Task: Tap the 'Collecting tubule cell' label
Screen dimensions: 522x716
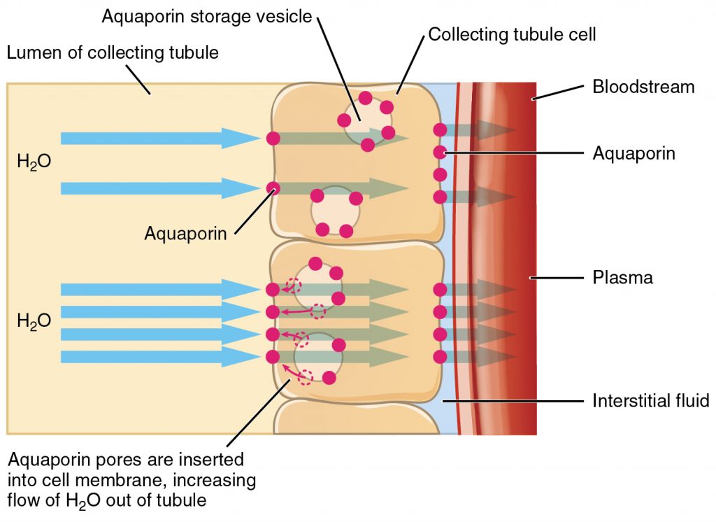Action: click(x=512, y=34)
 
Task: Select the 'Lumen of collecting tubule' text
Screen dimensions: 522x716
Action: click(x=112, y=52)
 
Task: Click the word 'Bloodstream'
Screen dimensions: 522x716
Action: click(x=643, y=87)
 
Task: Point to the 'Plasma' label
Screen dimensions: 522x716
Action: click(x=622, y=278)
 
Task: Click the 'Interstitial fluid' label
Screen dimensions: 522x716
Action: click(x=650, y=401)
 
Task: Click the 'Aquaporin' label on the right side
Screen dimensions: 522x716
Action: click(x=633, y=153)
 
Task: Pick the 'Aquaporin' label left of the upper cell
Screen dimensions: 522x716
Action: click(x=185, y=233)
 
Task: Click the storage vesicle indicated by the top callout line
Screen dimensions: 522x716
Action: click(x=365, y=121)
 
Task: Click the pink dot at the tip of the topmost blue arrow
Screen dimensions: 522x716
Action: click(x=273, y=139)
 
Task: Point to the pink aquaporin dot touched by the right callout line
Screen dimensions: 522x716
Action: click(x=440, y=152)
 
